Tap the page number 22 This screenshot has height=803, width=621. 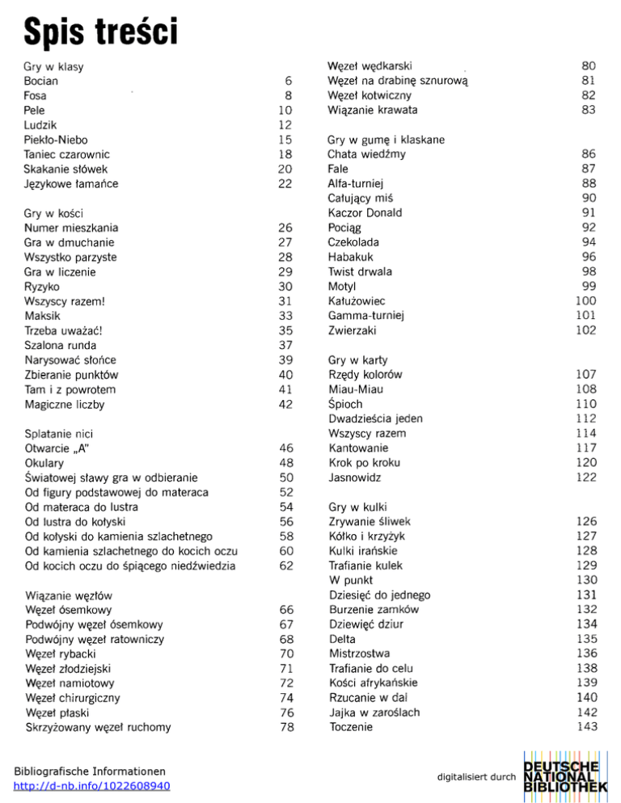click(285, 183)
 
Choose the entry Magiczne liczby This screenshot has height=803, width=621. click(65, 403)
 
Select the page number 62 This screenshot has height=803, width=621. click(285, 565)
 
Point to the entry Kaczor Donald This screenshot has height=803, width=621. click(365, 213)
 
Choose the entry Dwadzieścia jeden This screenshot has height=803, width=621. click(376, 418)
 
